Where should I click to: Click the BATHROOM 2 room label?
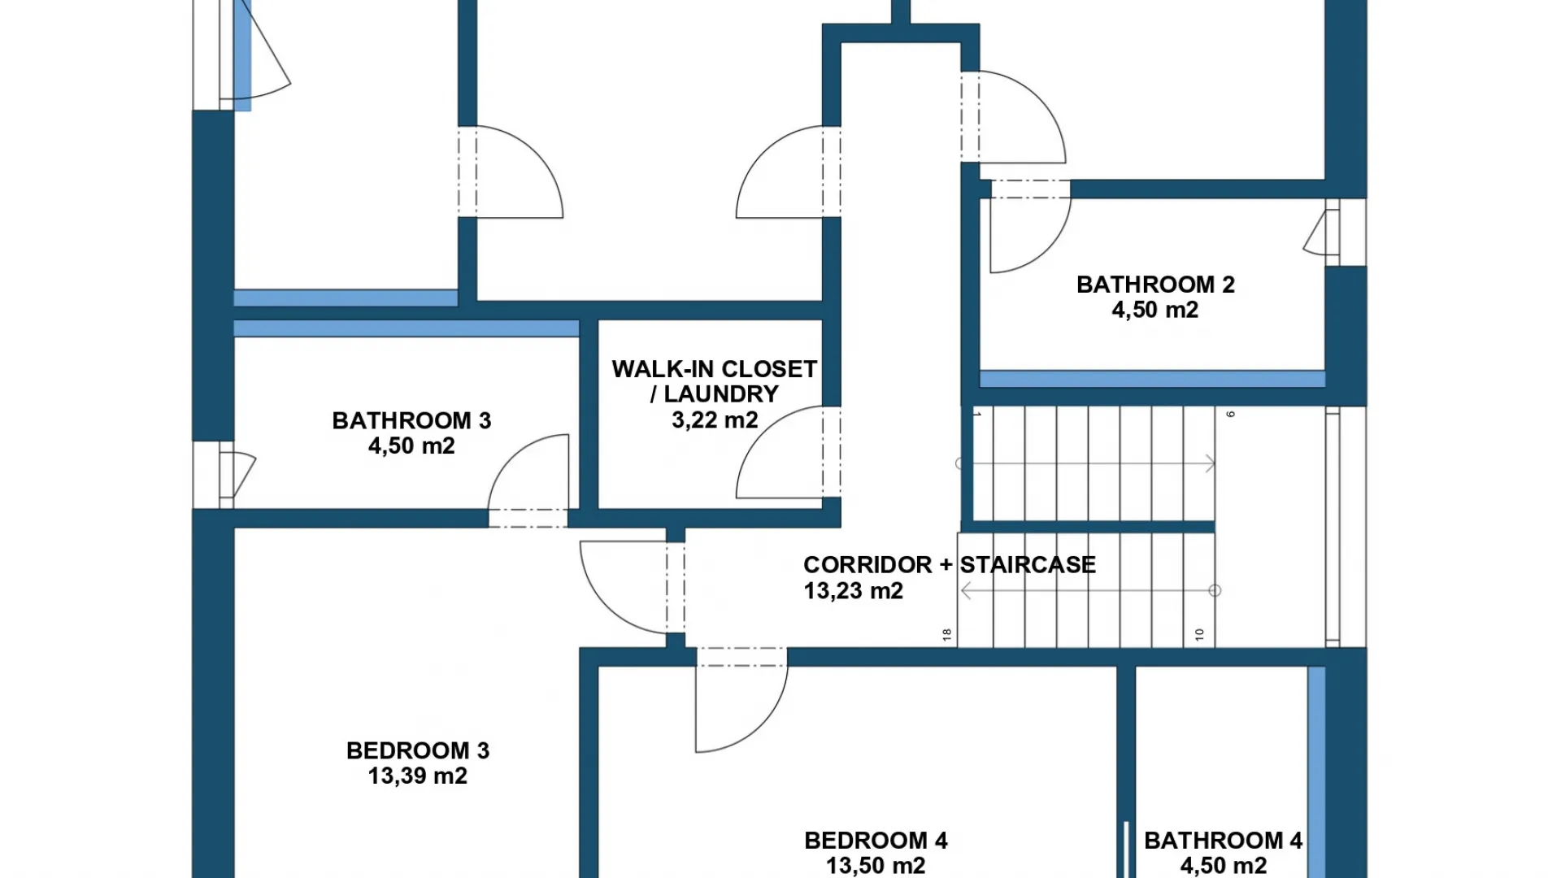pos(1155,285)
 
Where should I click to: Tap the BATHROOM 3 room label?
pos(411,420)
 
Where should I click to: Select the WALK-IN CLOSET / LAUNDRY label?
pos(714,381)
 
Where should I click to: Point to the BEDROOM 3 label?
pos(418,750)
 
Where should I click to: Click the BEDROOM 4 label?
pos(876,840)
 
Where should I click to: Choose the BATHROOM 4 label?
pos(1223,840)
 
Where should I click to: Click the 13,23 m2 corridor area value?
pos(854,591)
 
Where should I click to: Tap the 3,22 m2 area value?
pos(715,420)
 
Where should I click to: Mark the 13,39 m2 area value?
pos(418,776)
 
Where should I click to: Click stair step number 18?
pos(947,635)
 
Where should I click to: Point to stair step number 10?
pos(1199,635)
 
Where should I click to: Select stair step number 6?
pos(1231,415)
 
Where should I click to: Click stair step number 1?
pos(978,415)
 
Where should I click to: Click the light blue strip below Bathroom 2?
pos(1152,379)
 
